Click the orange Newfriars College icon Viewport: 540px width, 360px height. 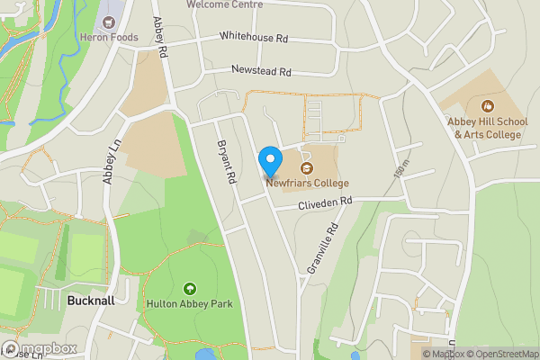click(x=307, y=166)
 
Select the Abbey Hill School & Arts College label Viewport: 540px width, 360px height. click(x=488, y=128)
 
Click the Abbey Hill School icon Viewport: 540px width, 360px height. click(x=488, y=105)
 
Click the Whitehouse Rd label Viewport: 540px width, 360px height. click(x=253, y=39)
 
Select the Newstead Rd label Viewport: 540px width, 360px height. click(x=262, y=70)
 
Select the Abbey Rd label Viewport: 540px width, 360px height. click(x=159, y=39)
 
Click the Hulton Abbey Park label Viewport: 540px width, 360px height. click(x=189, y=304)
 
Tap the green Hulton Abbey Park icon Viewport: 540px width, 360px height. click(x=189, y=288)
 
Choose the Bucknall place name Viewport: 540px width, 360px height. click(x=91, y=301)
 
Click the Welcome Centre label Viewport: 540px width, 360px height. click(x=225, y=4)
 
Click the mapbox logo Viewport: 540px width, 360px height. click(x=40, y=348)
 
